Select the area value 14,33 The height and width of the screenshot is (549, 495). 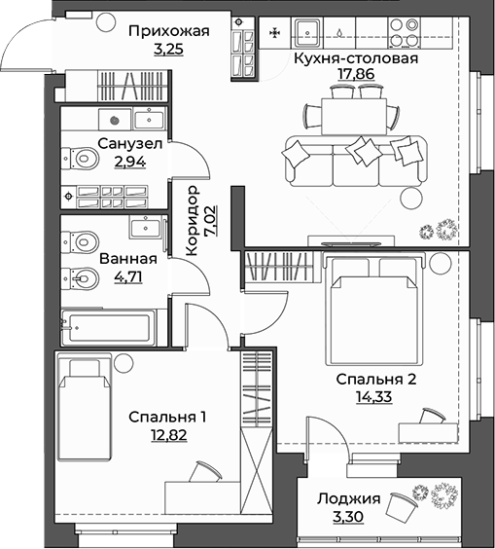[374, 396]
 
